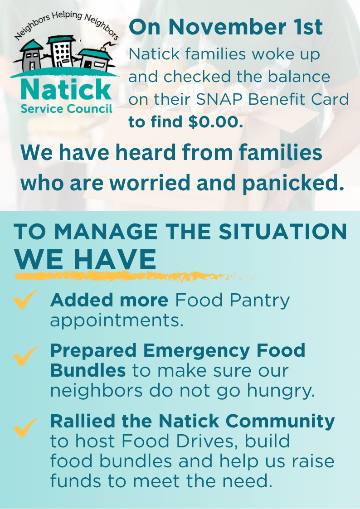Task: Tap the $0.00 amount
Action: [x=215, y=122]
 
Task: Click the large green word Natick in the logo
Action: [x=66, y=90]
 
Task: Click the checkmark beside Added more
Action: [x=26, y=299]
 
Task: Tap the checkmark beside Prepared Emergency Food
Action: [x=26, y=356]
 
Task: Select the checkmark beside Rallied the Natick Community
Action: [x=26, y=427]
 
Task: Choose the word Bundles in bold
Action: [x=88, y=370]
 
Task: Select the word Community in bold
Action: [x=280, y=421]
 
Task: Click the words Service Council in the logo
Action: [x=67, y=108]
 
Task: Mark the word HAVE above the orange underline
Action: [x=115, y=260]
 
